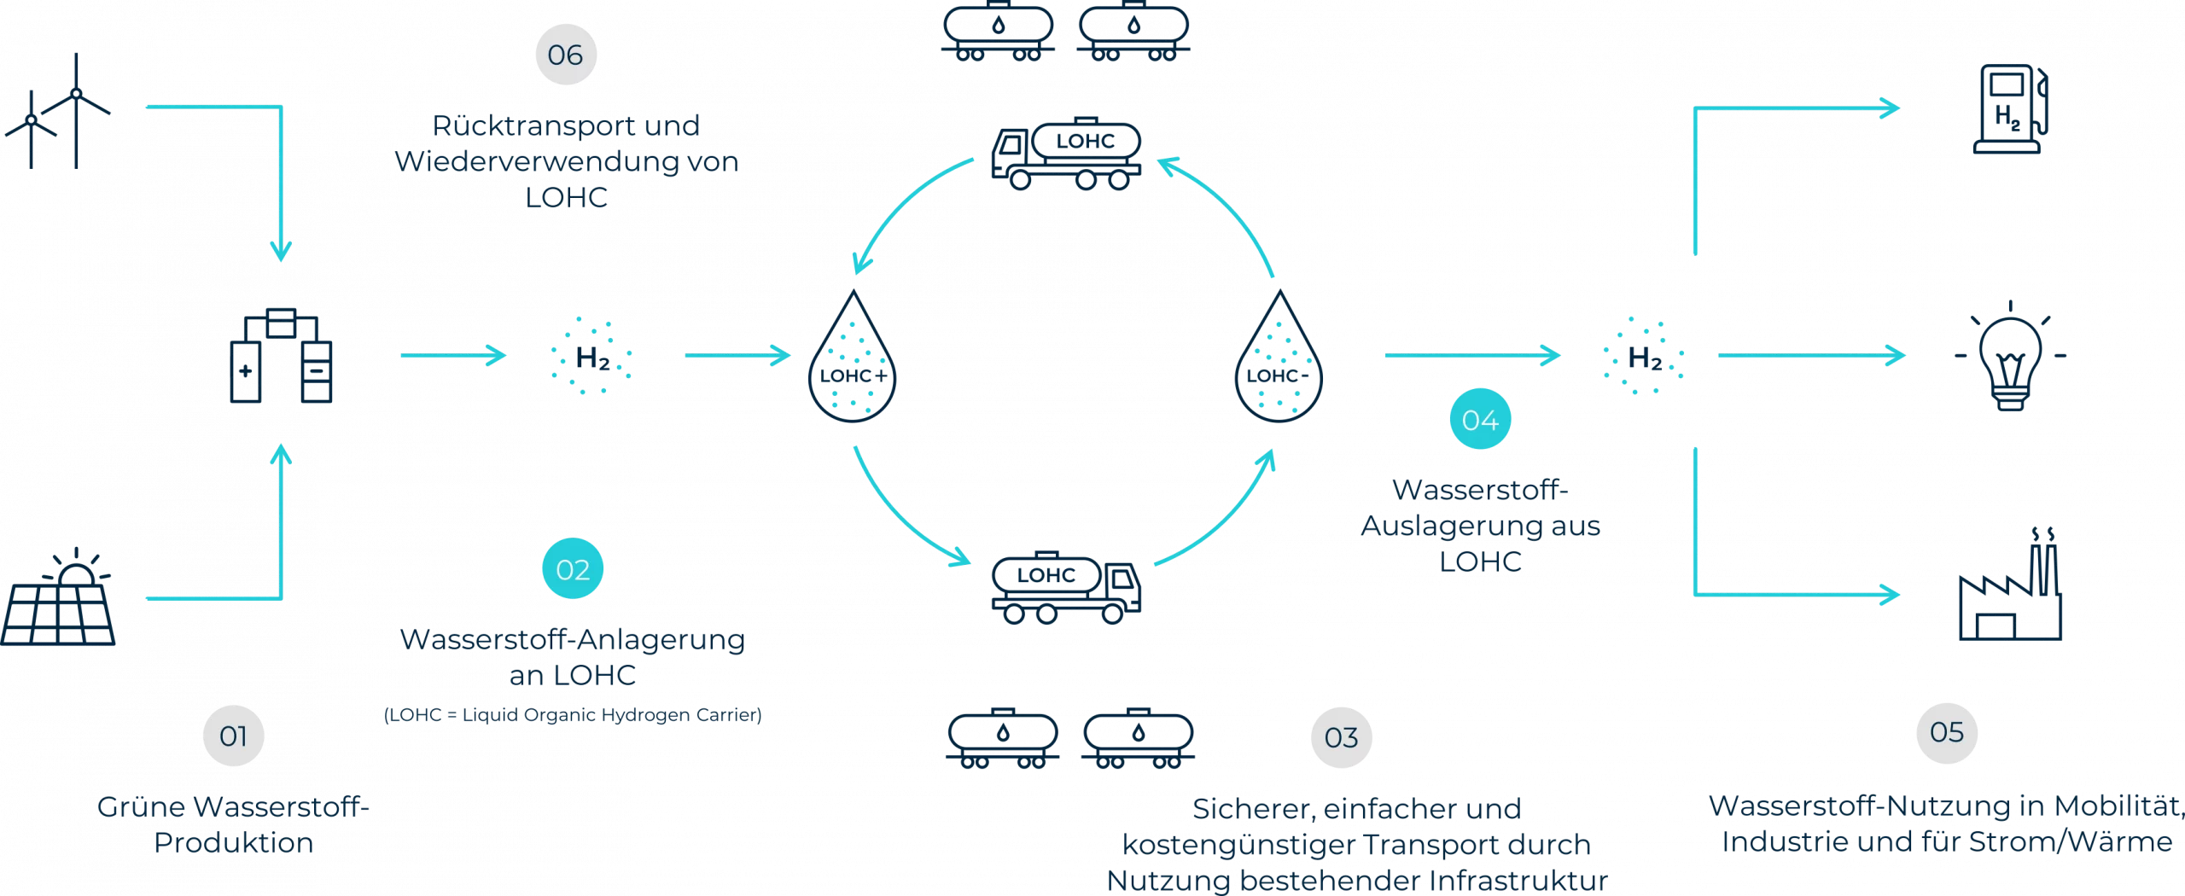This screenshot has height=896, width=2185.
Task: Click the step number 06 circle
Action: [x=565, y=55]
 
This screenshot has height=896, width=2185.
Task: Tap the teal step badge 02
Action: [x=573, y=569]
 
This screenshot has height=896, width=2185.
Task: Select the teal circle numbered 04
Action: [x=1480, y=420]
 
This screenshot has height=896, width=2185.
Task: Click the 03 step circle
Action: [x=1341, y=737]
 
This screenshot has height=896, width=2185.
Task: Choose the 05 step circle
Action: [x=1946, y=732]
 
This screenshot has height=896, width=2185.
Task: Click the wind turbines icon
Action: [x=58, y=111]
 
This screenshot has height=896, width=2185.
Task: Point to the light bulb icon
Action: [x=2011, y=357]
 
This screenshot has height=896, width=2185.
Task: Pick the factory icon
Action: [x=2011, y=589]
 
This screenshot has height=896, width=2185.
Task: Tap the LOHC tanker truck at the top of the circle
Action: [x=1066, y=154]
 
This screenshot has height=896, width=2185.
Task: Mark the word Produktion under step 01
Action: [x=233, y=843]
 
